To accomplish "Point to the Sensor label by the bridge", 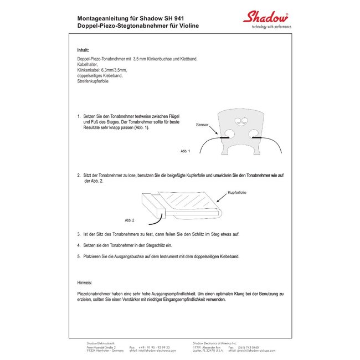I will [x=202, y=126].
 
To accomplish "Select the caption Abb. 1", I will [x=185, y=151].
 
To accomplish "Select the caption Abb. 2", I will [x=129, y=220].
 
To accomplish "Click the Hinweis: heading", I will [x=85, y=282].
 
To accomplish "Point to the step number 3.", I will [x=79, y=234].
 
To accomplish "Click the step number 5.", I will [x=79, y=257].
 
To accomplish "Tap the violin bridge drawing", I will [x=241, y=131].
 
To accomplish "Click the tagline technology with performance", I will [x=271, y=27].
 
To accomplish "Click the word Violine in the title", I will [x=187, y=26].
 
